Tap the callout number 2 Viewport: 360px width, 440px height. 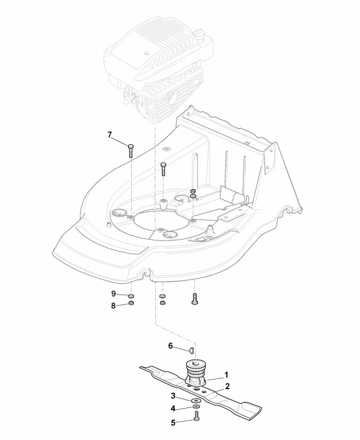point(227,385)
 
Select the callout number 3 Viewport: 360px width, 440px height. point(173,396)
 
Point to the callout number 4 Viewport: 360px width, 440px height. point(173,409)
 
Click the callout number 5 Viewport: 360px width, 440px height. point(173,423)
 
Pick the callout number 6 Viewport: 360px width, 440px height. point(170,346)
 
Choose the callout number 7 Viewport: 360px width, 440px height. point(110,135)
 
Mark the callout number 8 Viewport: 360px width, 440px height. point(113,306)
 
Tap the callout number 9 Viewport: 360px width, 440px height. point(113,294)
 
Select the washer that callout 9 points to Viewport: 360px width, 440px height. point(131,297)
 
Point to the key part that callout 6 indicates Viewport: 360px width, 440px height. point(190,351)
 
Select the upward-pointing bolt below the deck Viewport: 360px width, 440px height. point(194,299)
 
